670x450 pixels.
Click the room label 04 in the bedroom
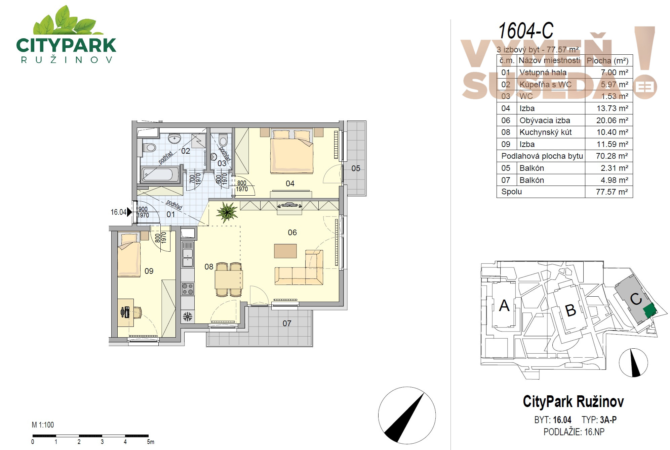(290, 184)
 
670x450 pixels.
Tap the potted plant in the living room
(227, 212)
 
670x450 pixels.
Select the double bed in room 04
(291, 152)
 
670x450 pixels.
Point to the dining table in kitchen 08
(229, 280)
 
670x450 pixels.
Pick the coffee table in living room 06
(285, 251)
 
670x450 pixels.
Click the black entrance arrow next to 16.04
(129, 212)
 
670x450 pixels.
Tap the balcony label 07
(287, 323)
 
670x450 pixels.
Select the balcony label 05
(356, 168)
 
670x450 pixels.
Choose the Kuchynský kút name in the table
(545, 132)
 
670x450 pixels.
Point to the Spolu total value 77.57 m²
(612, 192)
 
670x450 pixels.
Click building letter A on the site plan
(504, 305)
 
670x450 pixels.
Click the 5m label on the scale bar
(151, 442)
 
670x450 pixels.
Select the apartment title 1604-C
(525, 31)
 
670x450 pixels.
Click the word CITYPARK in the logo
(66, 45)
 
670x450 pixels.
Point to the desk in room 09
(126, 312)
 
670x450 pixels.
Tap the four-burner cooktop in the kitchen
(188, 289)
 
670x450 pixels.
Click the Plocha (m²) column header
(608, 61)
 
